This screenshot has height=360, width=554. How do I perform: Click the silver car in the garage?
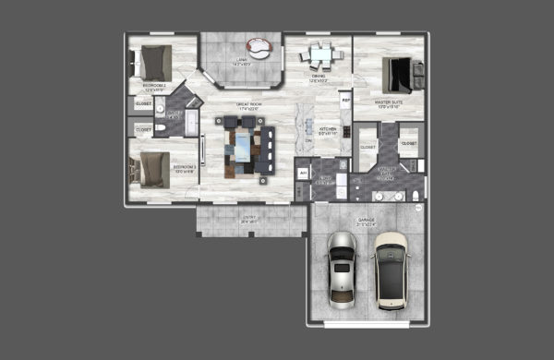pos(342,270)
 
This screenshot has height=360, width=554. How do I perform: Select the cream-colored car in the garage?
pos(391,270)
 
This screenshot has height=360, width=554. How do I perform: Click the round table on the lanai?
pos(256,45)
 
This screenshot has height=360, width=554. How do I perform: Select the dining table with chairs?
pos(317,58)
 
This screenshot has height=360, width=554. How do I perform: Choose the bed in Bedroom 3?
pos(152,169)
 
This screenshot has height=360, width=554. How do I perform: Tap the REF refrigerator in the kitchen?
pos(345,99)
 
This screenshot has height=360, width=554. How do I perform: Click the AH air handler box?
pos(302,172)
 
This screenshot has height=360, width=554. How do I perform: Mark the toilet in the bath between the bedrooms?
pos(160,128)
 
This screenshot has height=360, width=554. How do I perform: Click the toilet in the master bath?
pos(415,195)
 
